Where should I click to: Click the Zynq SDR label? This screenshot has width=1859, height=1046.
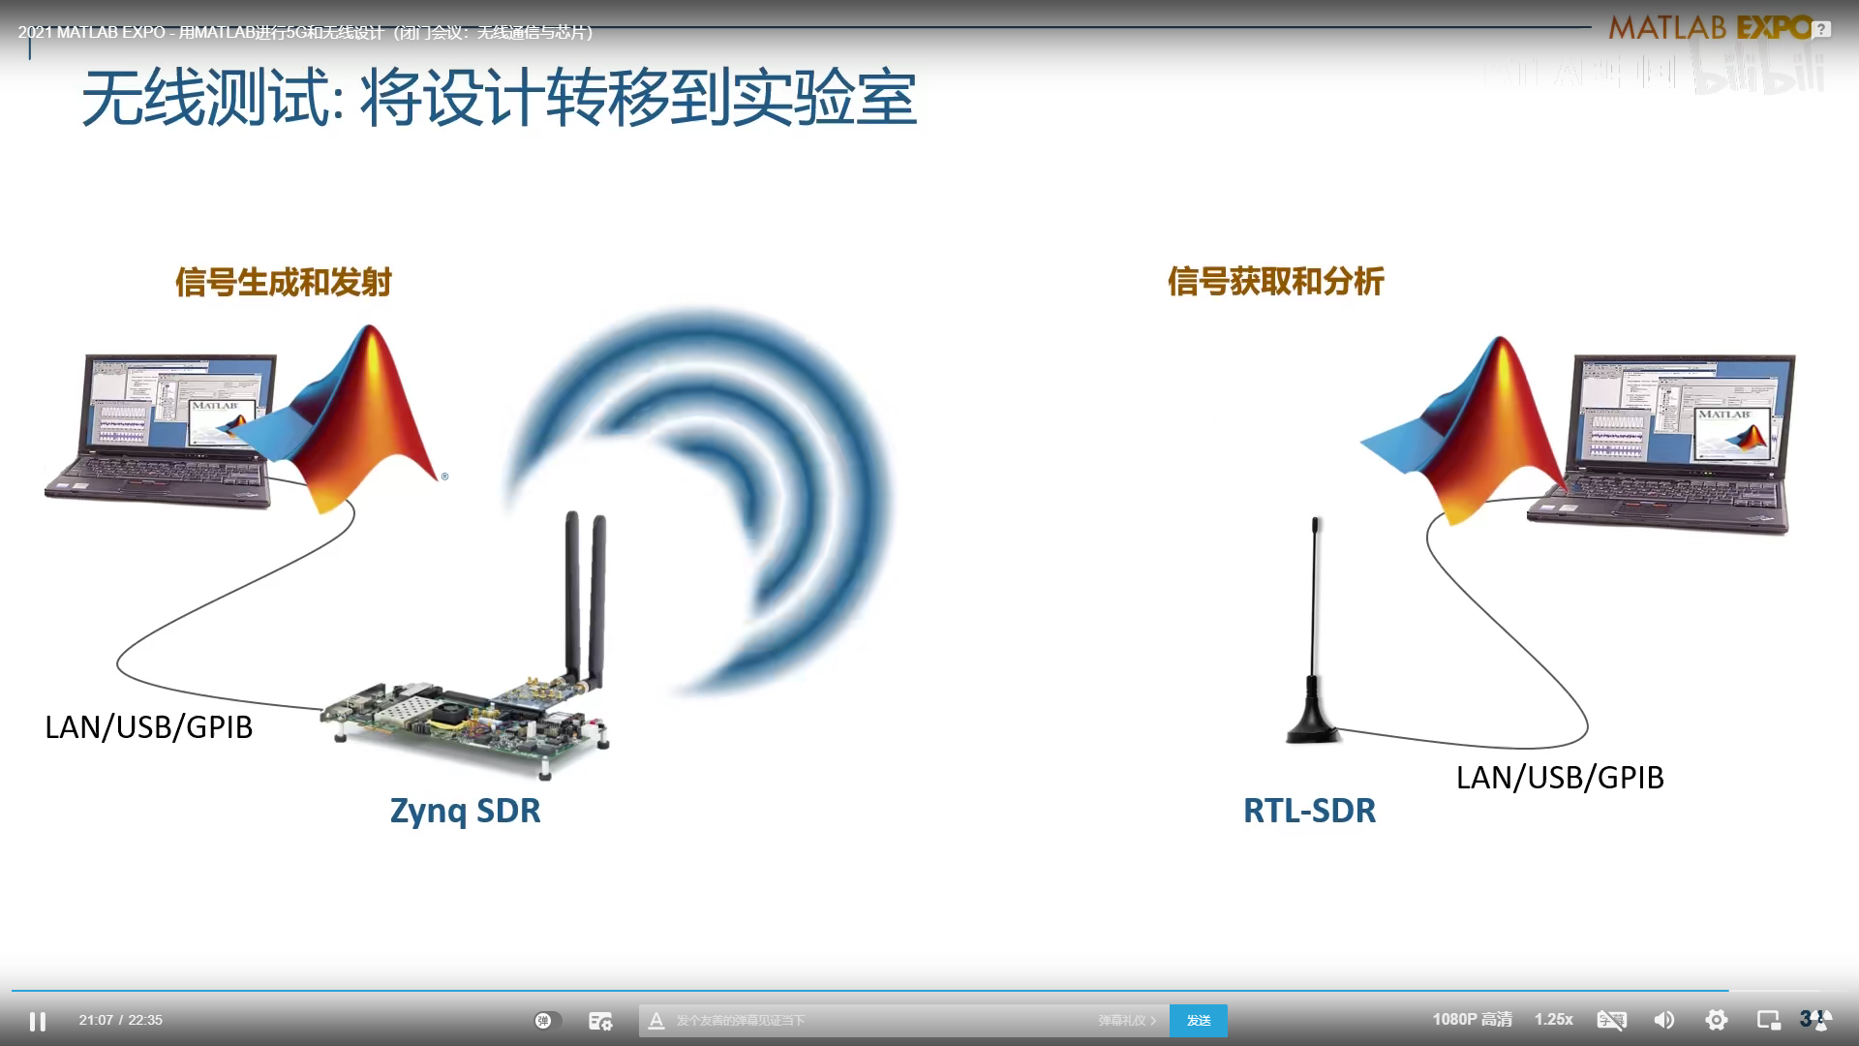(465, 810)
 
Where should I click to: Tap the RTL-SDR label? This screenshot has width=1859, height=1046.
(1309, 810)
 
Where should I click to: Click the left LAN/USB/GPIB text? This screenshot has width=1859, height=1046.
(148, 726)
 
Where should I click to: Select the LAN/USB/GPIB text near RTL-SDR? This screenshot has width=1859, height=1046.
(1559, 777)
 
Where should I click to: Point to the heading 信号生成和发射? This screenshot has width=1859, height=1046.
(283, 282)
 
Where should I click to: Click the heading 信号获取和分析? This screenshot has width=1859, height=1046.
(1275, 281)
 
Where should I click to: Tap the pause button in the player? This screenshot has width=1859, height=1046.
(38, 1021)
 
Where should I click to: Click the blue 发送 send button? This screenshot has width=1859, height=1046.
(1198, 1020)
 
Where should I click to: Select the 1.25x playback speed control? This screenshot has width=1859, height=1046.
(1553, 1020)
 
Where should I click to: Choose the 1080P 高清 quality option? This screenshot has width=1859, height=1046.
(1472, 1020)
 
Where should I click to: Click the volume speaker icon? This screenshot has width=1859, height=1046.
(1663, 1020)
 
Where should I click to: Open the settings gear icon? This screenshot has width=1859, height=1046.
(1716, 1020)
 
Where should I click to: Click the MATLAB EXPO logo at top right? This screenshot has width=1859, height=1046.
(1709, 28)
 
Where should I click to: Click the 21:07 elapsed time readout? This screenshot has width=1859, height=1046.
(96, 1020)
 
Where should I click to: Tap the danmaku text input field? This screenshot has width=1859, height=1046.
(871, 1020)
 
